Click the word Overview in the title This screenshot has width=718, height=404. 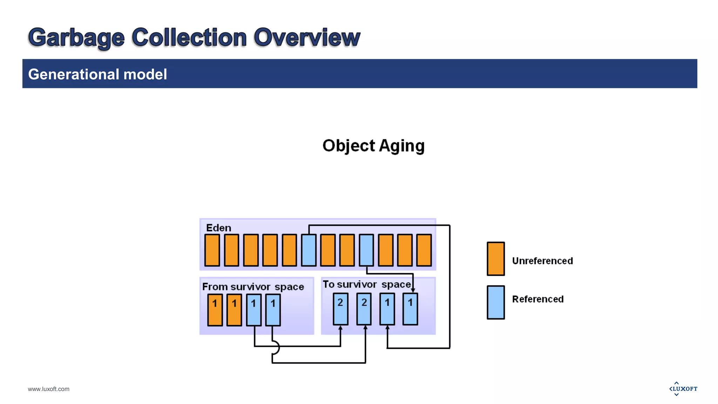(307, 37)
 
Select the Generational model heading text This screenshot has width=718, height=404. (97, 74)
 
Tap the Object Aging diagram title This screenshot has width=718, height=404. (373, 146)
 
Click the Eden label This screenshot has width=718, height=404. (218, 228)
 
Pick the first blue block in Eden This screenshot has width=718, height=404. (309, 250)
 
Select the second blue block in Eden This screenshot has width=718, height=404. (366, 250)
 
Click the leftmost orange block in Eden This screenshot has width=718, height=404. (212, 250)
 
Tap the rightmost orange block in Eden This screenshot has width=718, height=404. (424, 250)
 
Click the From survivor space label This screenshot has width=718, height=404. (253, 287)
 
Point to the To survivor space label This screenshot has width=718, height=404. (366, 284)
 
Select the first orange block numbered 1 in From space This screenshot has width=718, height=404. (215, 310)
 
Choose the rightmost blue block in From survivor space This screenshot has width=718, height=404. (273, 310)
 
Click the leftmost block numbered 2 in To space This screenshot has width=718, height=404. (340, 309)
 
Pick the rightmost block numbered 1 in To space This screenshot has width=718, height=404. (410, 309)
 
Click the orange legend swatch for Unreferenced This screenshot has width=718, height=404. (496, 259)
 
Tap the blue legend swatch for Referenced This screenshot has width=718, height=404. (496, 302)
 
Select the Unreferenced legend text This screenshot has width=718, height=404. (542, 261)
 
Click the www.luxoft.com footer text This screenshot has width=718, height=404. (49, 389)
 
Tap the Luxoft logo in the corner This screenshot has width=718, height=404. (683, 389)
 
